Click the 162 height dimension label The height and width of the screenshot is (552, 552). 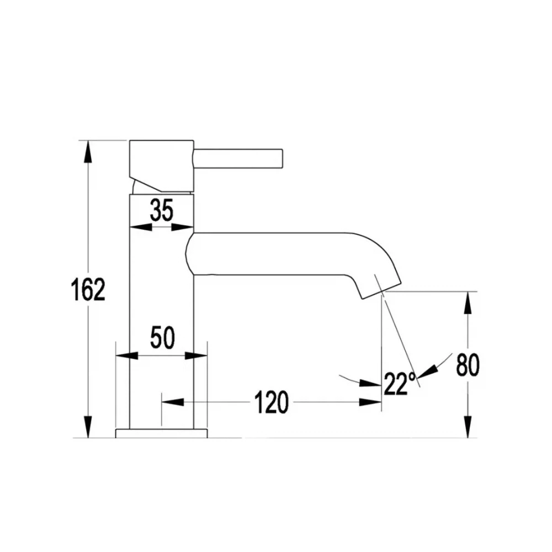click(88, 289)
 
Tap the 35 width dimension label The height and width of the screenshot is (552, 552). click(162, 210)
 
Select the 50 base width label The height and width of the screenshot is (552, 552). click(162, 338)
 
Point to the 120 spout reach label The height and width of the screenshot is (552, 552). click(271, 402)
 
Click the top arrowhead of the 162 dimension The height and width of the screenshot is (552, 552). click(88, 151)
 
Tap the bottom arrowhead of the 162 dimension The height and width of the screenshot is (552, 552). click(88, 427)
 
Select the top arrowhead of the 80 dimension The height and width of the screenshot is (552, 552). click(468, 302)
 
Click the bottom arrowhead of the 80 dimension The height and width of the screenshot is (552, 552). click(468, 427)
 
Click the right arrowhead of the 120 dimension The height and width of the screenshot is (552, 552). click(370, 402)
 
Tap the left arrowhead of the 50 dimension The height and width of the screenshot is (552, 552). click(127, 355)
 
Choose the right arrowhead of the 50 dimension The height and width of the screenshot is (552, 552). click(196, 355)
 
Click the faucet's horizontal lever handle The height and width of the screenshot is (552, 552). click(238, 158)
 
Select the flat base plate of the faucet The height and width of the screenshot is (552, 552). click(162, 433)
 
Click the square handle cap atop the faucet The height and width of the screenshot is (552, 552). click(162, 166)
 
